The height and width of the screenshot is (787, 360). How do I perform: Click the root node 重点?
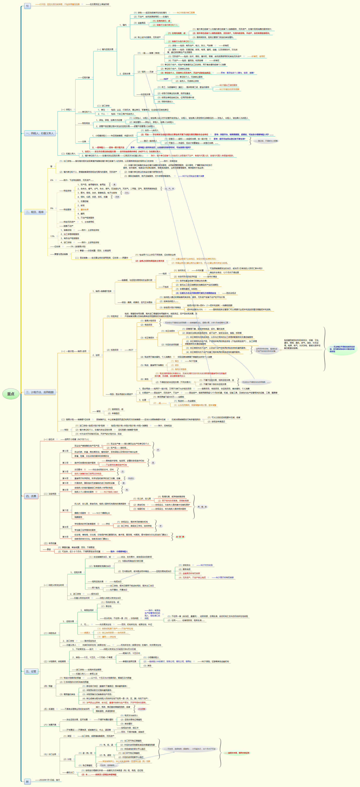pyautogui.click(x=11, y=394)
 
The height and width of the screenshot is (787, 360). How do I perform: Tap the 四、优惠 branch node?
pyautogui.click(x=31, y=496)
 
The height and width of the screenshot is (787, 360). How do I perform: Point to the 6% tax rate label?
pyautogui.click(x=52, y=180)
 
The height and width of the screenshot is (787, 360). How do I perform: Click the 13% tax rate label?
pyautogui.click(x=52, y=236)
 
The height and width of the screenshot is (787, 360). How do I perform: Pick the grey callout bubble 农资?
pyautogui.click(x=117, y=197)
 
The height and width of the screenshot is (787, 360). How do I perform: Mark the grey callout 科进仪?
pyautogui.click(x=131, y=478)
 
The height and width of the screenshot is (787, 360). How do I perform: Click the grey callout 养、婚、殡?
pyautogui.click(x=202, y=507)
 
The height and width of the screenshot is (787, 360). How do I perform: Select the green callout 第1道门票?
pyautogui.click(x=180, y=537)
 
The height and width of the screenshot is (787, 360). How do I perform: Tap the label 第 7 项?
pyautogui.click(x=65, y=510)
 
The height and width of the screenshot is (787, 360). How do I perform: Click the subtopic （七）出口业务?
pyautogui.click(x=50, y=754)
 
